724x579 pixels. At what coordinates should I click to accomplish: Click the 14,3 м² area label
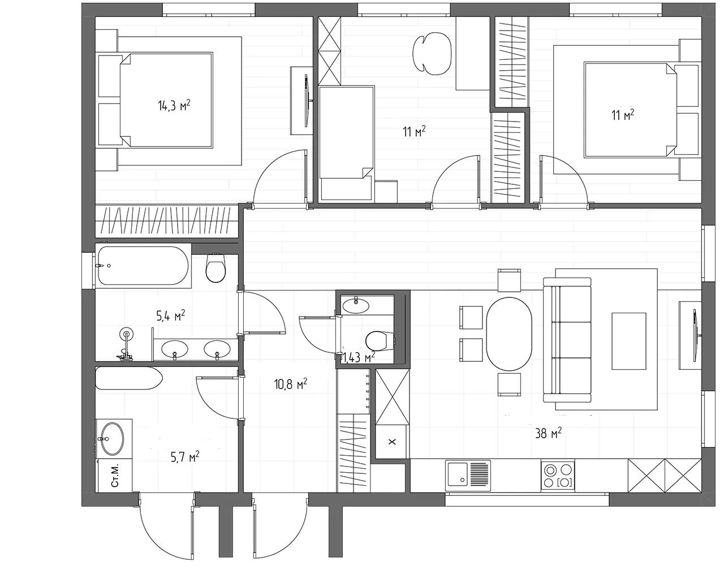pyautogui.click(x=174, y=106)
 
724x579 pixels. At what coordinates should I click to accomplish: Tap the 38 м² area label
pyautogui.click(x=548, y=433)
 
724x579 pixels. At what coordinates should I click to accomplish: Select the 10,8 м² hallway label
pyautogui.click(x=290, y=383)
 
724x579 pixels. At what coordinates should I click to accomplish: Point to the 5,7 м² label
pyautogui.click(x=185, y=457)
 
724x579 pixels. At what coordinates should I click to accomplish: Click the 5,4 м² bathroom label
pyautogui.click(x=171, y=316)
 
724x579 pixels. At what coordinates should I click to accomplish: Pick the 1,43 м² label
pyautogui.click(x=359, y=357)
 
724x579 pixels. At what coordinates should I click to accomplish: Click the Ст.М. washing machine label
pyautogui.click(x=115, y=476)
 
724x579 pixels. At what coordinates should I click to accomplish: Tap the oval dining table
pyautogui.click(x=509, y=334)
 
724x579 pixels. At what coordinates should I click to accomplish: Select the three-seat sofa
pyautogui.click(x=567, y=340)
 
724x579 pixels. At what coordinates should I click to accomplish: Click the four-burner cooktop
pyautogui.click(x=558, y=475)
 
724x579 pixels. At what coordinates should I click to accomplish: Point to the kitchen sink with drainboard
pyautogui.click(x=468, y=475)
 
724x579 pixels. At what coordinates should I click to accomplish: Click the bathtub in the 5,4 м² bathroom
pyautogui.click(x=143, y=266)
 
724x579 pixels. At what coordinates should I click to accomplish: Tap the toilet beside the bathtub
pyautogui.click(x=216, y=268)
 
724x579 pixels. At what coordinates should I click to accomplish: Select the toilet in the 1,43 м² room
pyautogui.click(x=380, y=341)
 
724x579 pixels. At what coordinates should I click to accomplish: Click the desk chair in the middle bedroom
pyautogui.click(x=432, y=54)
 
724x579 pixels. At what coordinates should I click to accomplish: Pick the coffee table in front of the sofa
pyautogui.click(x=629, y=341)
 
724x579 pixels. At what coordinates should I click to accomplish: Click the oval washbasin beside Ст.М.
pyautogui.click(x=113, y=439)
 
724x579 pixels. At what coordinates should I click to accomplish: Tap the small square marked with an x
pyautogui.click(x=393, y=442)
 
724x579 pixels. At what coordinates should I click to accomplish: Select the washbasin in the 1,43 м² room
pyautogui.click(x=356, y=305)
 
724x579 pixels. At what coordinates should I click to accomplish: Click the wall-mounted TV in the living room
pyautogui.click(x=695, y=335)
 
